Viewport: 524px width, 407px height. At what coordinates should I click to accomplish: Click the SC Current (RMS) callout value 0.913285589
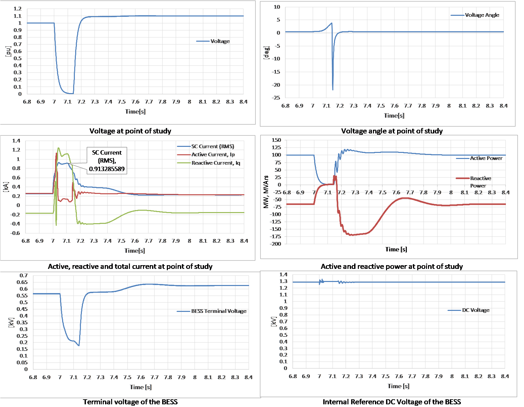click(107, 169)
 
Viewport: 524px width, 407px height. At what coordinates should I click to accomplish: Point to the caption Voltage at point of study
click(130, 131)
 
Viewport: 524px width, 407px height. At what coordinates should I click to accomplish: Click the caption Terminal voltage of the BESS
click(130, 402)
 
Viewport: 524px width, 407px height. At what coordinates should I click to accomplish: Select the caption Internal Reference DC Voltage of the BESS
click(392, 402)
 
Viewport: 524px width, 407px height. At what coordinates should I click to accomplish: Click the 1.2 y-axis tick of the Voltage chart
click(18, 9)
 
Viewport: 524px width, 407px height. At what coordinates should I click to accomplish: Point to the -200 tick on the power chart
click(276, 244)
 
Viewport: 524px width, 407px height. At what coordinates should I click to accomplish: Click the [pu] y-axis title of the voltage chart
click(9, 51)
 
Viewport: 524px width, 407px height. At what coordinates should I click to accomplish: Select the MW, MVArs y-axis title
click(266, 192)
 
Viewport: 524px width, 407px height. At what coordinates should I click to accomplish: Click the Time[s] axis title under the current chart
click(135, 251)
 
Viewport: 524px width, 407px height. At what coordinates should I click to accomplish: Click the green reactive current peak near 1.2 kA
click(58, 148)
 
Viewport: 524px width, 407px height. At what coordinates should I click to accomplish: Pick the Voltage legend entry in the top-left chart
click(220, 41)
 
